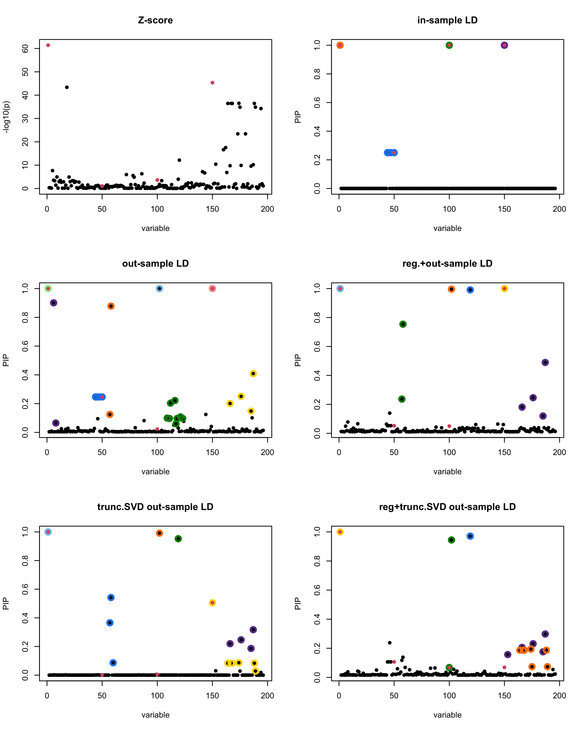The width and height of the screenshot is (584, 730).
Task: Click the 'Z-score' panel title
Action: tap(155, 20)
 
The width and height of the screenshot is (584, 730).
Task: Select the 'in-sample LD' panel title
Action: tap(447, 20)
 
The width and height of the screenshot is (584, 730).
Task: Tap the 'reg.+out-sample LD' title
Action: tap(447, 264)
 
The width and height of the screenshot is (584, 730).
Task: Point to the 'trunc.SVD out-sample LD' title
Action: tap(155, 507)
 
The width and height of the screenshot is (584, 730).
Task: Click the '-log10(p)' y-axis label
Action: tap(6, 117)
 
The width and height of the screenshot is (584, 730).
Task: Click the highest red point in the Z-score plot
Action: tap(48, 45)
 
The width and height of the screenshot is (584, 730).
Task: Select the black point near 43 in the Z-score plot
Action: tap(67, 87)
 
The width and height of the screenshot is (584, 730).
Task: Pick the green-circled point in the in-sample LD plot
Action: tap(449, 45)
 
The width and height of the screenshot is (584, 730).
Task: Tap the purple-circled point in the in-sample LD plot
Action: tap(504, 45)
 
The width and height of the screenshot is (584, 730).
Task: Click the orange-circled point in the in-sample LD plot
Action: tap(340, 45)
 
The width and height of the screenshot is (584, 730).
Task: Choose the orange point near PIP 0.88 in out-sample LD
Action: tap(111, 306)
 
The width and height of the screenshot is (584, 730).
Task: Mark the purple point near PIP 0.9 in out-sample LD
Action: tap(54, 303)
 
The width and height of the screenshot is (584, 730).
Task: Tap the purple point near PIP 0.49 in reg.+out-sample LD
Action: tap(545, 362)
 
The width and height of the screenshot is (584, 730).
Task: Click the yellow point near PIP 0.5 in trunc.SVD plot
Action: tap(212, 603)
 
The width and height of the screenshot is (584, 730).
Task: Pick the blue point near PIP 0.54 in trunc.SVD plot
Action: tap(111, 598)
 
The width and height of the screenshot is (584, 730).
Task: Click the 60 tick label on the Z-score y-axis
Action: tap(25, 49)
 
